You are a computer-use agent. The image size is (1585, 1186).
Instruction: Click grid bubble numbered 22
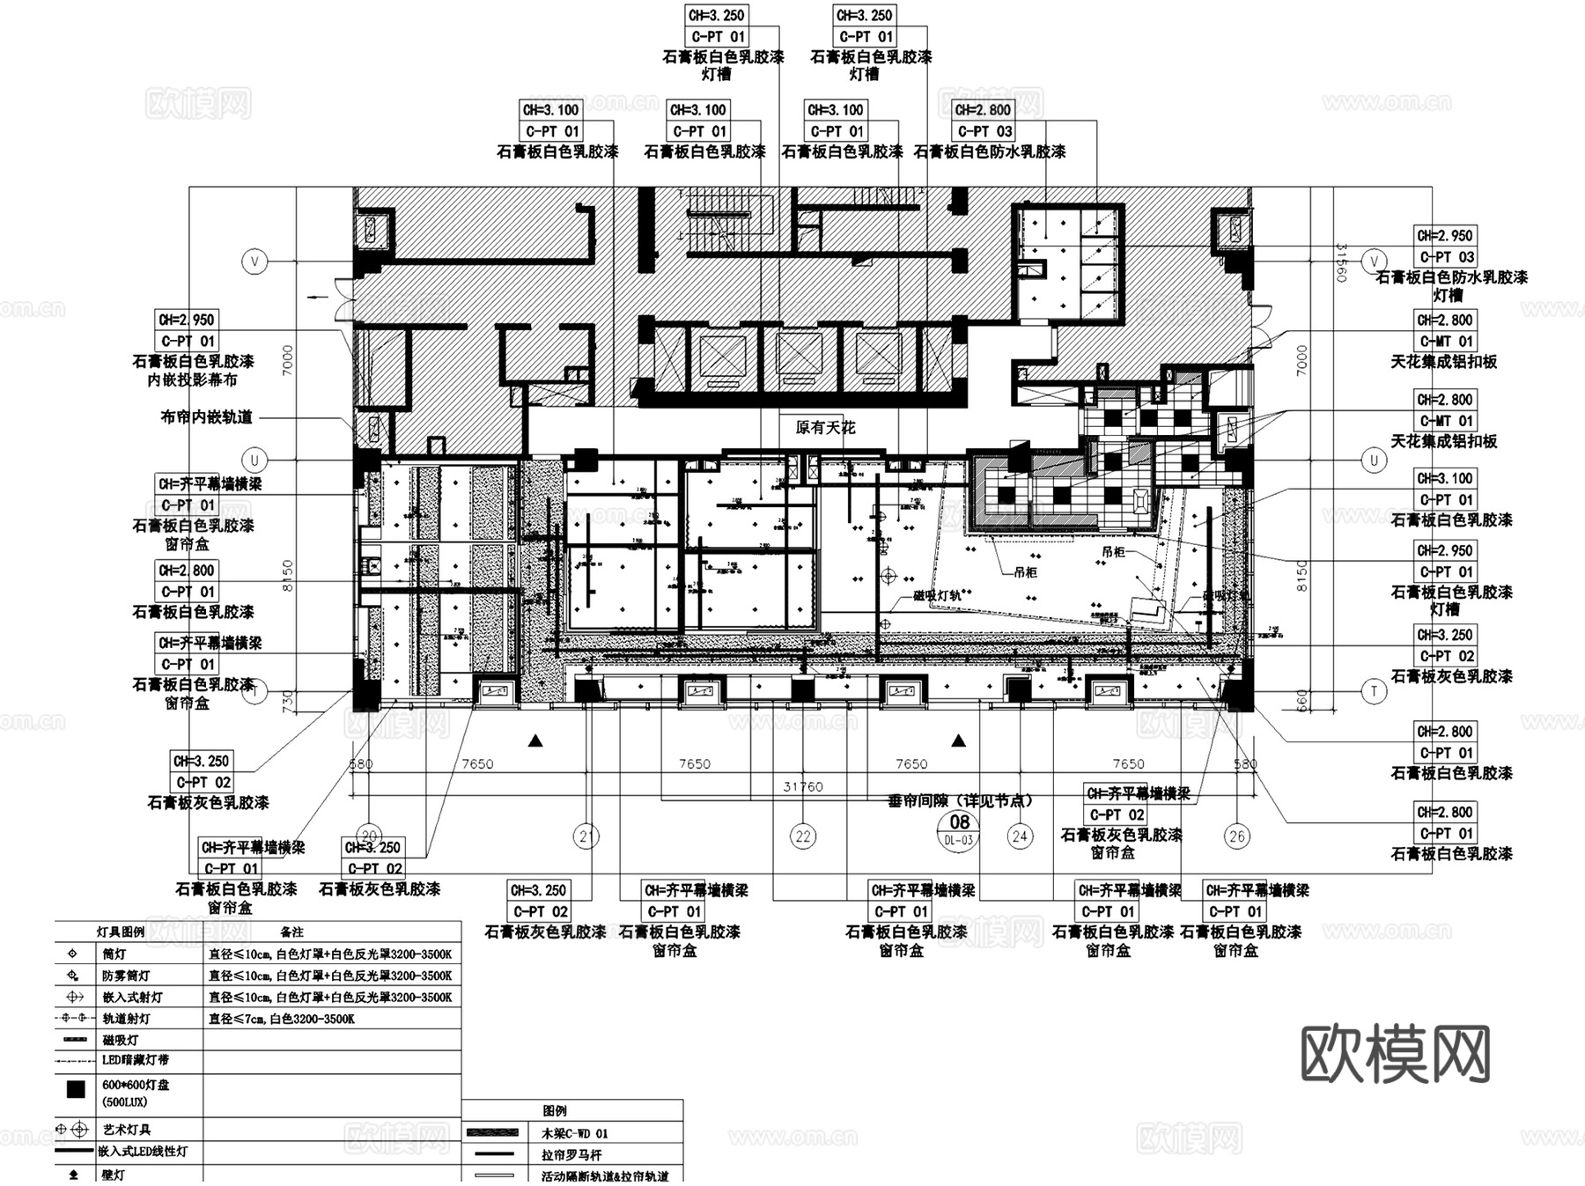point(802,836)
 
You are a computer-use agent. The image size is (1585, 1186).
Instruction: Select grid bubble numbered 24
point(1020,836)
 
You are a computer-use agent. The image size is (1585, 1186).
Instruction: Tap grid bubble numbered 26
point(1236,836)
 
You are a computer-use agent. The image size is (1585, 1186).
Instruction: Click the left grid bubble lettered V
point(254,262)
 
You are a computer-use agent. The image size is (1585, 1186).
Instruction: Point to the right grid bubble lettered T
point(1374,691)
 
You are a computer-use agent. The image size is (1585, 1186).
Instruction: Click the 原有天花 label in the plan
point(825,428)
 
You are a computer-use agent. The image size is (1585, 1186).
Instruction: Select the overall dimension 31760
point(802,786)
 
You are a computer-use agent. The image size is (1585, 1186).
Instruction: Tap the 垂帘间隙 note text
point(960,800)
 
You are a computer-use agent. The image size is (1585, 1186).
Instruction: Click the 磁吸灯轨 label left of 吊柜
point(937,596)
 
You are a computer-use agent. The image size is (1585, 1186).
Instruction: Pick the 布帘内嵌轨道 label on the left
point(206,417)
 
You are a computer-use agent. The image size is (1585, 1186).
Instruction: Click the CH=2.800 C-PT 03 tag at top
point(984,121)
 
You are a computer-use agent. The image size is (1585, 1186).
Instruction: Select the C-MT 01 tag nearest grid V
point(1445,341)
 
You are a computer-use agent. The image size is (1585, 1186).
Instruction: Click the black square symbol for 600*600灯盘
point(76,1090)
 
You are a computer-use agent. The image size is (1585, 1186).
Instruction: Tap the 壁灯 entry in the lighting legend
point(114,1175)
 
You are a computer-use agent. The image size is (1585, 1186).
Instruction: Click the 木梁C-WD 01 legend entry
point(573,1133)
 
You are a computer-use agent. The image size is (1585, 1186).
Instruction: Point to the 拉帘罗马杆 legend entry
point(571,1154)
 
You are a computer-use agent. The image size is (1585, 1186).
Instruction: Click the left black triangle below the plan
point(534,741)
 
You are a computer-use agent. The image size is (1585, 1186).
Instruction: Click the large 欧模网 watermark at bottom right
point(1395,1054)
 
